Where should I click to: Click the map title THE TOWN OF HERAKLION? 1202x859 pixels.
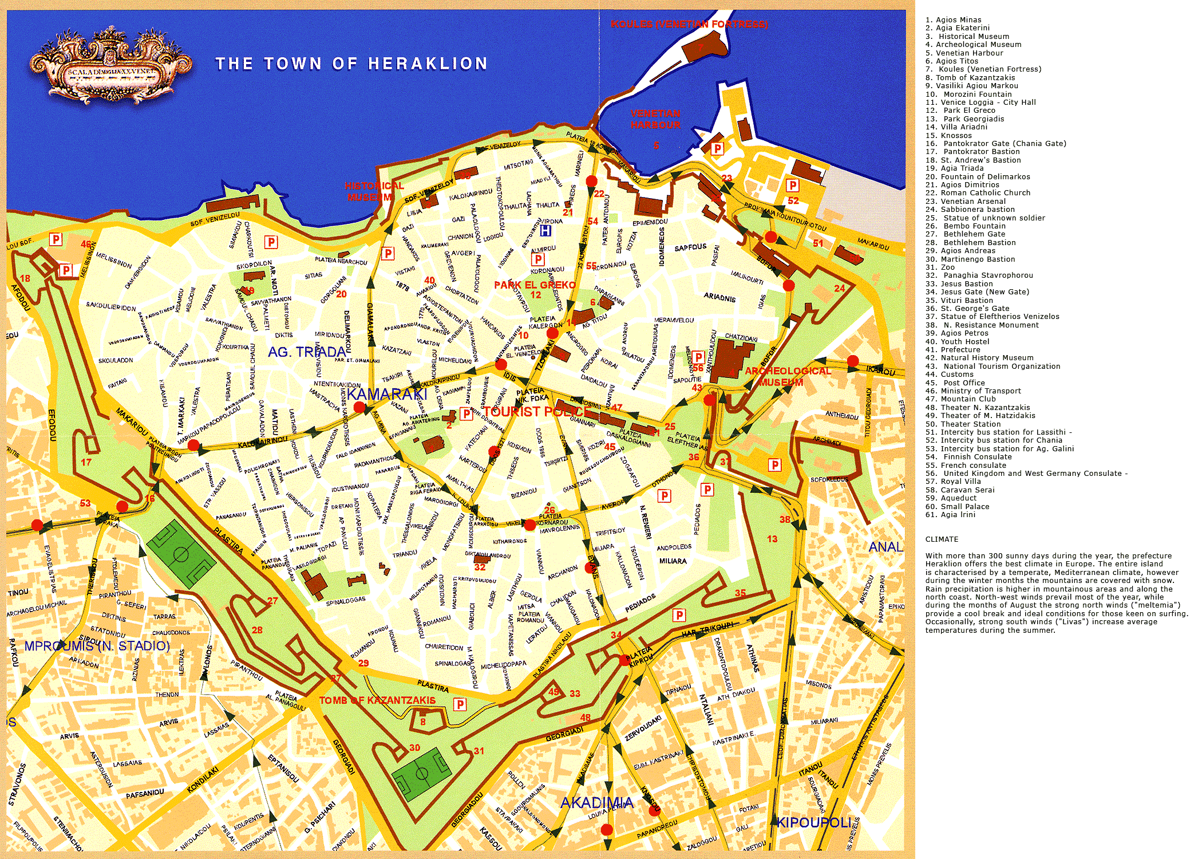[351, 64]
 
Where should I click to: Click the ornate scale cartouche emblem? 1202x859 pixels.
[110, 66]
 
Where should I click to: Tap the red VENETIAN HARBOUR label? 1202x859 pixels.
[655, 119]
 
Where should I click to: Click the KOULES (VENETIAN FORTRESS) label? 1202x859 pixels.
[689, 24]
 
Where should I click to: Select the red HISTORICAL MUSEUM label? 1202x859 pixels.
[373, 191]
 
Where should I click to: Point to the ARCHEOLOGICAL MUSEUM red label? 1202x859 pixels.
[787, 376]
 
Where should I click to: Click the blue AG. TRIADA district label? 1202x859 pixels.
[307, 352]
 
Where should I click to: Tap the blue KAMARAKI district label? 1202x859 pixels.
[387, 394]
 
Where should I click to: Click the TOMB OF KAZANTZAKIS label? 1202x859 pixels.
[377, 700]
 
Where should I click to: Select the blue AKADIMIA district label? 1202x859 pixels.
[597, 803]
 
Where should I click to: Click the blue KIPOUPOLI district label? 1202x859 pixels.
[814, 822]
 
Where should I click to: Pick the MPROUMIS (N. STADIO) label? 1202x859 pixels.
[97, 646]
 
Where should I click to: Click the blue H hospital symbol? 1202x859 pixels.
[545, 230]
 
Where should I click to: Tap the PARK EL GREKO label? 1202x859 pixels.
[535, 285]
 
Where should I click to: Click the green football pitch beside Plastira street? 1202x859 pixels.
[181, 554]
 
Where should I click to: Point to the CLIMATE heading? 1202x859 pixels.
[942, 539]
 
